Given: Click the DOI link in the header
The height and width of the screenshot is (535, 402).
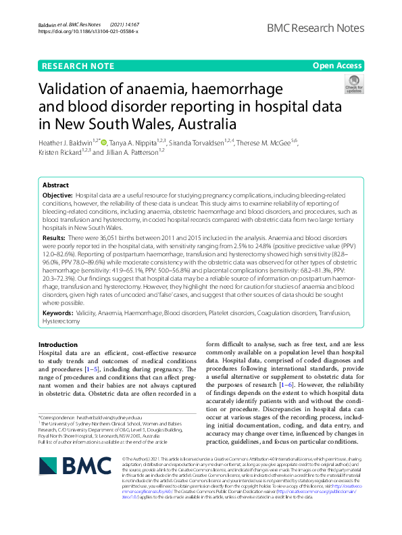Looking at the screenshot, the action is pyautogui.click(x=89, y=31).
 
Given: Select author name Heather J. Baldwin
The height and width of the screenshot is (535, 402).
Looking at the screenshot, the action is pyautogui.click(x=67, y=143).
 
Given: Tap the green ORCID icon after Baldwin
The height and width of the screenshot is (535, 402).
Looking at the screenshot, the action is pyautogui.click(x=105, y=143).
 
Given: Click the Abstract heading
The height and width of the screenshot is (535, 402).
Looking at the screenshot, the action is pyautogui.click(x=55, y=185).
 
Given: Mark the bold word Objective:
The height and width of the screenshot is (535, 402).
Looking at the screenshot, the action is pyautogui.click(x=61, y=195).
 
